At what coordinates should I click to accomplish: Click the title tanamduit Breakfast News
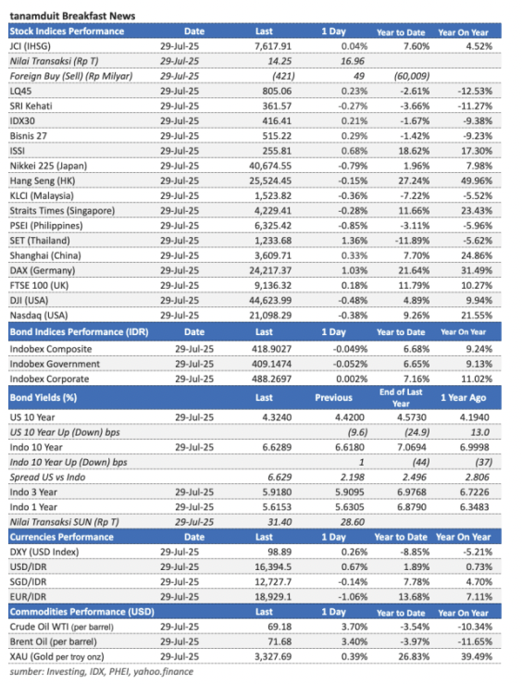[x=72, y=16]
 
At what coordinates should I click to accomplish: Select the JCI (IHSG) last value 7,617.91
[x=273, y=46]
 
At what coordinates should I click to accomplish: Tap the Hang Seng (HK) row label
[x=43, y=181]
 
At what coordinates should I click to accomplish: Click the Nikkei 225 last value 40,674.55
[x=270, y=167]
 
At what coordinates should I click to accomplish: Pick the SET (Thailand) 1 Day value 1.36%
[x=354, y=241]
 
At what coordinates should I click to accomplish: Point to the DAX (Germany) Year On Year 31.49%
[x=477, y=271]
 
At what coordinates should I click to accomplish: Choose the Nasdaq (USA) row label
[x=39, y=316]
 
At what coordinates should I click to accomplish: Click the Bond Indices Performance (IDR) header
[x=79, y=332]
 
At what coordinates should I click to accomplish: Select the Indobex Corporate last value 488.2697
[x=272, y=379]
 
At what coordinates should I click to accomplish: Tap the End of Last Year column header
[x=401, y=397]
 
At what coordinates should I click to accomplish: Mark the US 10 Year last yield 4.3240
[x=277, y=417]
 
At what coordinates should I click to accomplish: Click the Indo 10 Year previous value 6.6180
[x=350, y=448]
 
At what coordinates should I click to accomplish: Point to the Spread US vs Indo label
[x=47, y=478]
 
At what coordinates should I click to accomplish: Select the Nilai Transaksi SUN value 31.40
[x=280, y=522]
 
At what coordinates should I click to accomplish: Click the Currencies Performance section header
[x=61, y=537]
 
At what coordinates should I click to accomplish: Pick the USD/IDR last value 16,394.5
[x=273, y=567]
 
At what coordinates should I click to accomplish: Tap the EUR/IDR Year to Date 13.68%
[x=414, y=597]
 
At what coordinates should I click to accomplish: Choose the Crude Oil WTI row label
[x=61, y=627]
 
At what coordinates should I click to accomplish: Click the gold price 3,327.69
[x=273, y=657]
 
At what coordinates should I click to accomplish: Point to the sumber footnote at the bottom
[x=101, y=672]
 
